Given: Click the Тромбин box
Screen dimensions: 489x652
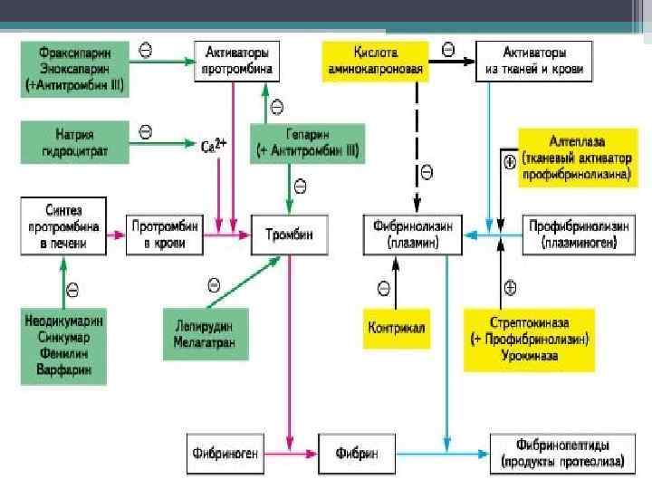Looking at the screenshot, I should coord(289,235).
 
